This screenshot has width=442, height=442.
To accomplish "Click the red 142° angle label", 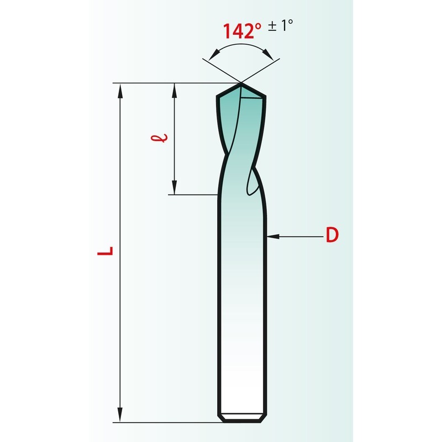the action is (x=243, y=31).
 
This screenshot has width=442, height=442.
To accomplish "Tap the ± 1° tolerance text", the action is (x=281, y=25).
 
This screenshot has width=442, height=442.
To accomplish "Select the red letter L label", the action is (x=105, y=251).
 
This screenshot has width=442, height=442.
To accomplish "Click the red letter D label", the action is (x=332, y=235).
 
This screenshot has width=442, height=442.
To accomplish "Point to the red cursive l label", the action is (x=159, y=138).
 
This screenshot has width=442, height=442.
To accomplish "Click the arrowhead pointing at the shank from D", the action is (x=273, y=236).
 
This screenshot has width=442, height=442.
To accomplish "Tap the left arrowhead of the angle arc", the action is (x=214, y=55).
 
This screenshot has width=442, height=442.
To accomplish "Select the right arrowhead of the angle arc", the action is (x=268, y=54).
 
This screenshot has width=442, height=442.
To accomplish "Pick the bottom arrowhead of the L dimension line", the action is (x=120, y=415).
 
